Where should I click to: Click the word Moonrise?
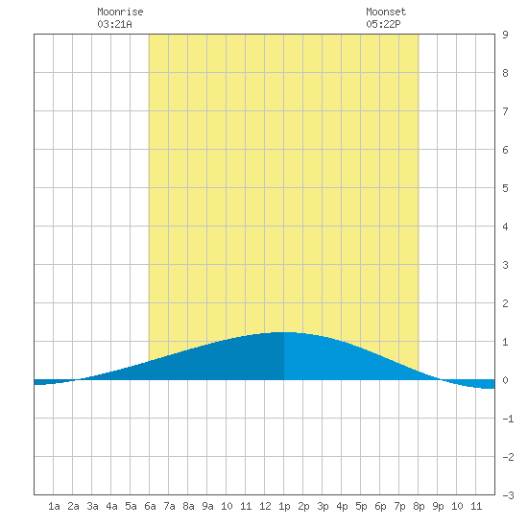pos(120,12)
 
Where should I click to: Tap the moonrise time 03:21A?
pos(114,24)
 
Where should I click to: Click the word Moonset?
pos(386,12)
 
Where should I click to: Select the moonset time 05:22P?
pos(383,24)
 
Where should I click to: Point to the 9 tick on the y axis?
pos(505,35)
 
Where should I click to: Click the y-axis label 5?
pos(505,188)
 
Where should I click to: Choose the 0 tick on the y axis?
pos(505,380)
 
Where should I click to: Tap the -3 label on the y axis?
pos(508,495)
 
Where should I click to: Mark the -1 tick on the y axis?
pos(508,419)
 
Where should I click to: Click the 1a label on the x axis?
pos(54,506)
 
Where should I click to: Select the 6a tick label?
pos(150,506)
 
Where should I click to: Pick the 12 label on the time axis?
pos(265,506)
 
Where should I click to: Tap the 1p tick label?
pos(284,506)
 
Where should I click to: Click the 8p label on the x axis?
pos(419,506)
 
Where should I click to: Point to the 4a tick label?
pos(111,506)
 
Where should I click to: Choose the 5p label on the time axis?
pos(361,506)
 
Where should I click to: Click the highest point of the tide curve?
pos(285,332)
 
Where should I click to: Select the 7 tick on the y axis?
pos(505,111)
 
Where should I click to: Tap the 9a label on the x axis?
pos(207,506)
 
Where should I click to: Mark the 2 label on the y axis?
pos(505,303)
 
